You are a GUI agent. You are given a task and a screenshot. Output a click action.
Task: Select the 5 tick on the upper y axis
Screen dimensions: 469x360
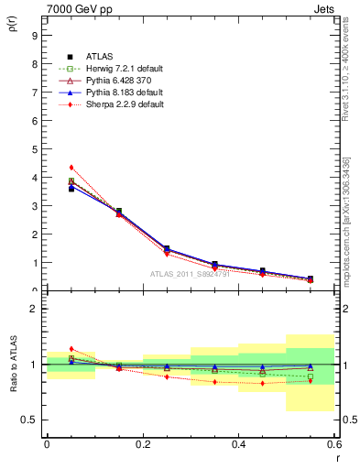pos(34,149)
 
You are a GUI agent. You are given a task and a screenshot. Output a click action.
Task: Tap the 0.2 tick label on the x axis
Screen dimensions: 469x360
pos(142,444)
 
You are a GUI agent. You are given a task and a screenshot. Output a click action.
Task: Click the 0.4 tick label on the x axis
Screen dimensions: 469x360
pos(238,444)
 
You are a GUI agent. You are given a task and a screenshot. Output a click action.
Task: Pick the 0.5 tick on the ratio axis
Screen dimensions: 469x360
pos(30,420)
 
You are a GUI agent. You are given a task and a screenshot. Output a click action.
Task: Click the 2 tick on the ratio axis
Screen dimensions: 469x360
pos(34,309)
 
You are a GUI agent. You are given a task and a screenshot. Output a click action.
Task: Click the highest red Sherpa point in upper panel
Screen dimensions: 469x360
pos(71,168)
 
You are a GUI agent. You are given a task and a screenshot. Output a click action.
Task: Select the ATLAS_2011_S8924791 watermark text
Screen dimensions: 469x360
pos(190,274)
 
